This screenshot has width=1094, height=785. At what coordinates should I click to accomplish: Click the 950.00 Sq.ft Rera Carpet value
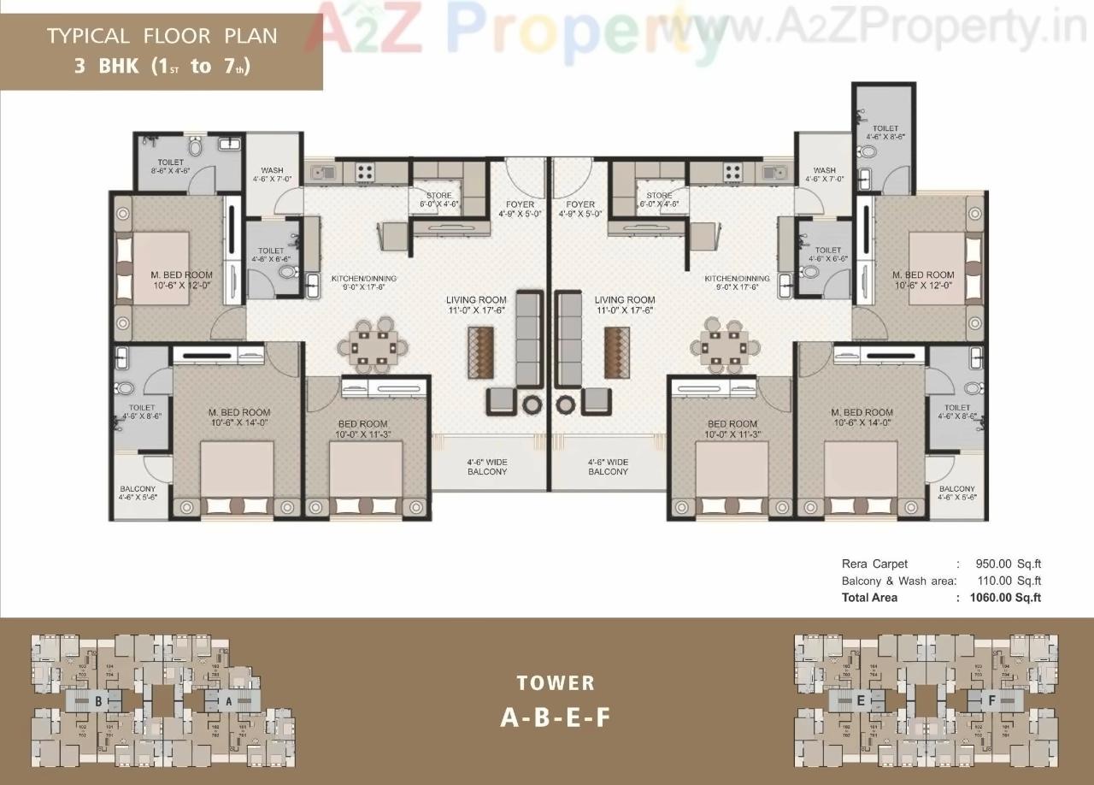tap(1008, 564)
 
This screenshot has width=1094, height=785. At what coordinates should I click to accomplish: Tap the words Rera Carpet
tap(874, 564)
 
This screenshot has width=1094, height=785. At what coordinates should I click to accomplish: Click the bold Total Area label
tap(869, 598)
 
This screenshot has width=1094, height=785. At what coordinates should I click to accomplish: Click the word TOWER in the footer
tap(556, 682)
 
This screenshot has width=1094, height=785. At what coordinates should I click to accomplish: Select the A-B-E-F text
tap(556, 717)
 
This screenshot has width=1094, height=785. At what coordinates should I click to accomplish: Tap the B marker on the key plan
tap(98, 700)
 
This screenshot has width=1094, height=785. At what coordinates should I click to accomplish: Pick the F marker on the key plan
tap(991, 699)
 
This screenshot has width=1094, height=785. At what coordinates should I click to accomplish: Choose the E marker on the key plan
tap(860, 699)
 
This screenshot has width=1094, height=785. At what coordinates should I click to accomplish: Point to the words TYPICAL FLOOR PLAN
tap(162, 36)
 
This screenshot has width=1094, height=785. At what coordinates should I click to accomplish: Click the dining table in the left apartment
tap(368, 347)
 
